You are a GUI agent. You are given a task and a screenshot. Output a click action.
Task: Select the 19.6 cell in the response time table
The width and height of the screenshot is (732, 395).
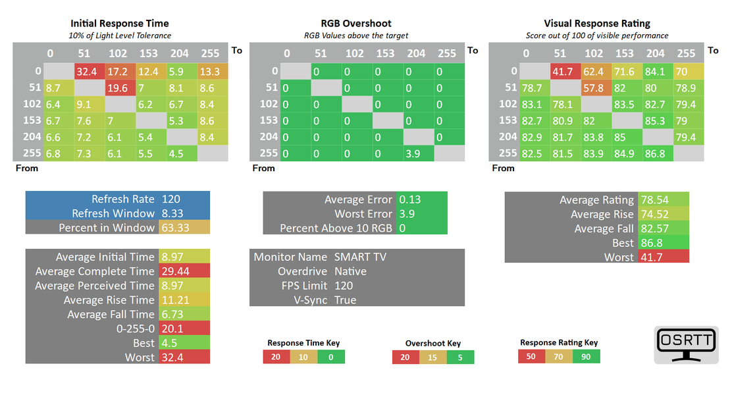click(x=119, y=88)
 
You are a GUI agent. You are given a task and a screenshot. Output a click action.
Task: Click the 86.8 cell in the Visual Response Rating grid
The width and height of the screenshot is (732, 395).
click(x=656, y=153)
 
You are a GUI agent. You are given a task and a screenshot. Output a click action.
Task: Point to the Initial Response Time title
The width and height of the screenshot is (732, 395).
click(x=120, y=23)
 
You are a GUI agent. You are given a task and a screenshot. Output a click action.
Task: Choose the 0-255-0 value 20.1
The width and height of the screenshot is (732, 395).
click(x=172, y=329)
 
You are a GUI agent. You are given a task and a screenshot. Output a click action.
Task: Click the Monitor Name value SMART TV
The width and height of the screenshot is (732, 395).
click(x=360, y=257)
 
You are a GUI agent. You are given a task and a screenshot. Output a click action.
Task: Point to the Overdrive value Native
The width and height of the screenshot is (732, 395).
click(x=350, y=271)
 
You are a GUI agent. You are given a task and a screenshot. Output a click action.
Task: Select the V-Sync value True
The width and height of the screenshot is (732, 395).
click(x=345, y=300)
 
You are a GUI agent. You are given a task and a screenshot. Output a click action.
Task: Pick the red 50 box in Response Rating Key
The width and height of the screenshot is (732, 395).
click(x=531, y=356)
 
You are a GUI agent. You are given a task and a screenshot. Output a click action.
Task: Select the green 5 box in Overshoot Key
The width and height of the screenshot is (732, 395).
click(x=460, y=357)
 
